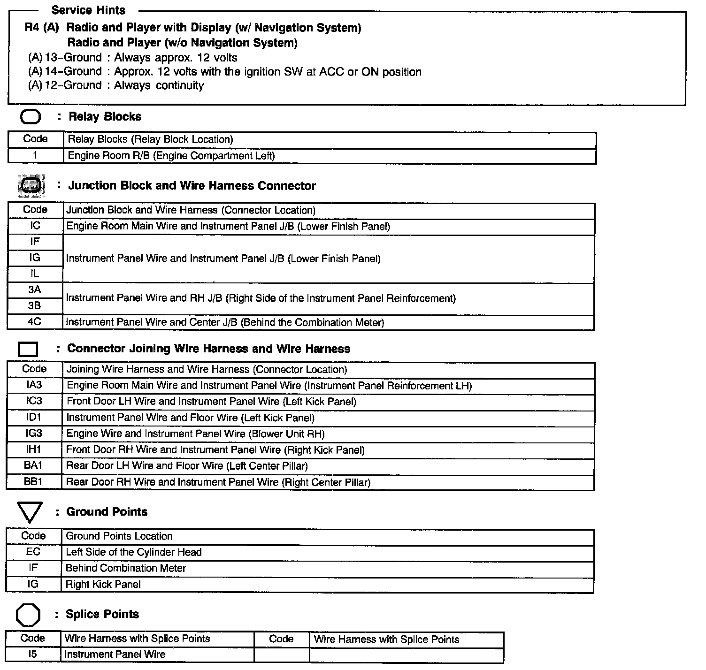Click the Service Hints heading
[88, 10]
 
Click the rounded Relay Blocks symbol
[31, 117]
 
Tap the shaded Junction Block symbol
[31, 186]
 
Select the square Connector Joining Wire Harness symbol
[28, 350]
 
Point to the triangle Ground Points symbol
[29, 512]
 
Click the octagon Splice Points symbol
[28, 615]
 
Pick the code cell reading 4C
[35, 322]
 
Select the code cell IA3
[34, 385]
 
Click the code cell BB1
[33, 482]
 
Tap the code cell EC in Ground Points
[33, 552]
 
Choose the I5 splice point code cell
[32, 654]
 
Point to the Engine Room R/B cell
[171, 156]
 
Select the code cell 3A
[35, 290]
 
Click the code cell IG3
[34, 433]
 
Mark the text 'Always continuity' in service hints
[159, 85]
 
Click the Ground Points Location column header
[119, 536]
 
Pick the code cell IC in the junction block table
[35, 226]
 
